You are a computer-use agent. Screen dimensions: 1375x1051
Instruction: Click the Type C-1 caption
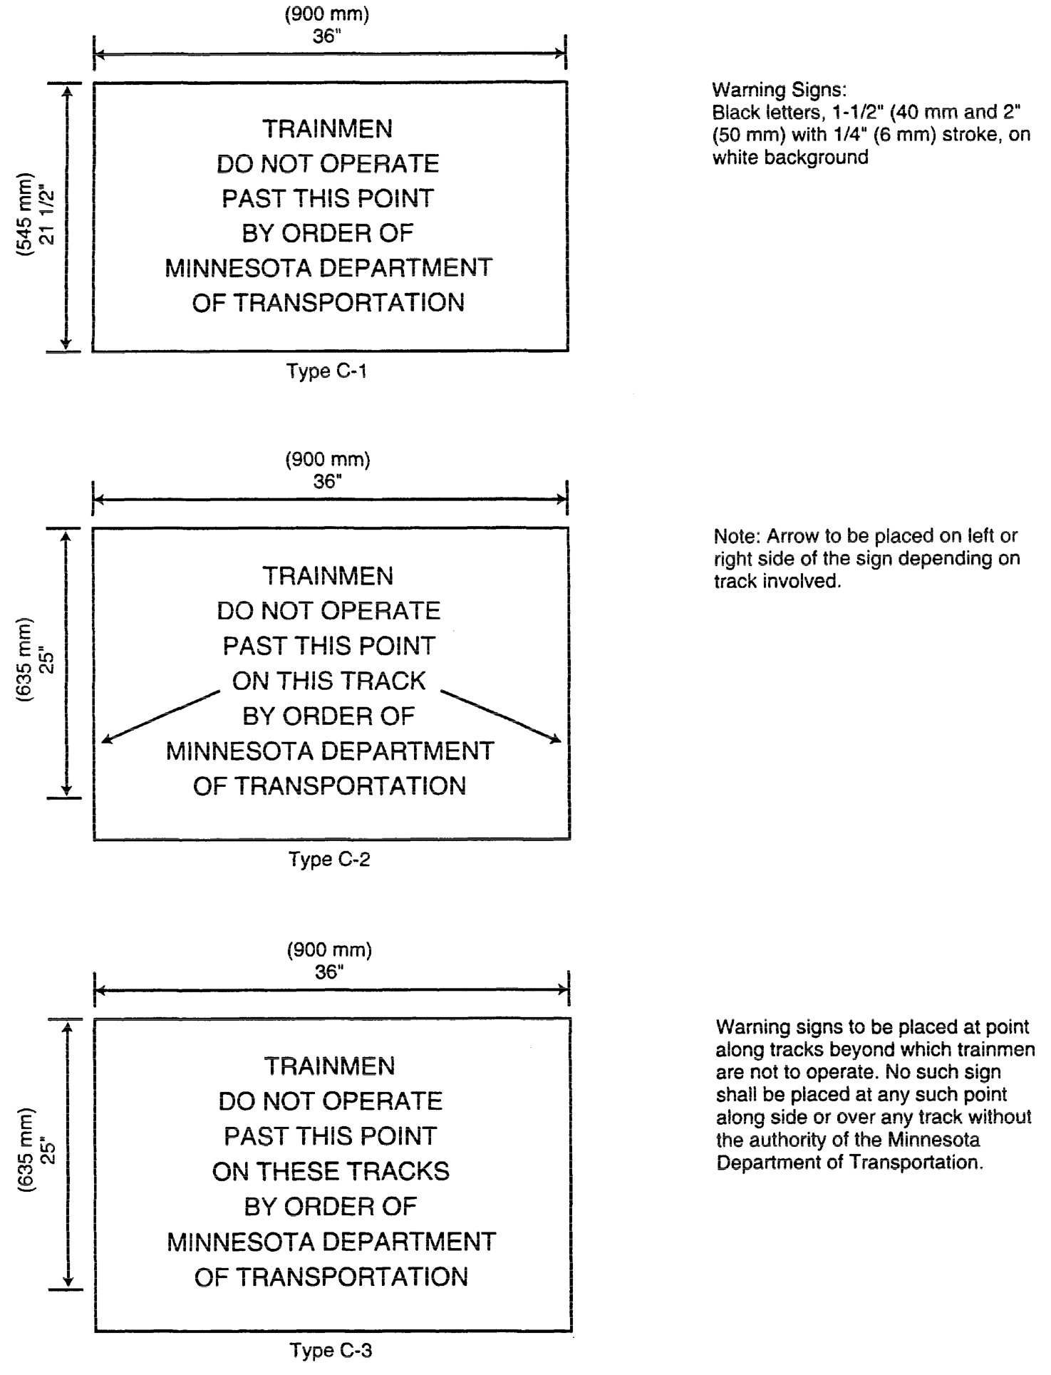tap(327, 371)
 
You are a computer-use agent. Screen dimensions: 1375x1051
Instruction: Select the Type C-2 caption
tap(329, 860)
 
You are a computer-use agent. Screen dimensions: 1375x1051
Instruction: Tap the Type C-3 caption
tap(331, 1350)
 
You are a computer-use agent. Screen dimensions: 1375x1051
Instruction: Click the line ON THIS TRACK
tap(328, 681)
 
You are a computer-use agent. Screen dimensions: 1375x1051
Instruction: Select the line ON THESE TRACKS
tap(331, 1172)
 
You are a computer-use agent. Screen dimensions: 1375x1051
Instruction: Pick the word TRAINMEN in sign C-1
tap(328, 130)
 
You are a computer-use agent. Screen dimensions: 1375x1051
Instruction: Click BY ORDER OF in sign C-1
tap(328, 234)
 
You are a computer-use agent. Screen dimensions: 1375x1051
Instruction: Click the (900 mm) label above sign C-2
tap(328, 460)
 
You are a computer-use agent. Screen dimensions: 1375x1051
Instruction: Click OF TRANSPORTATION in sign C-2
tap(329, 786)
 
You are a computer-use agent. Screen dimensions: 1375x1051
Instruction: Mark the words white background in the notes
tap(790, 158)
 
